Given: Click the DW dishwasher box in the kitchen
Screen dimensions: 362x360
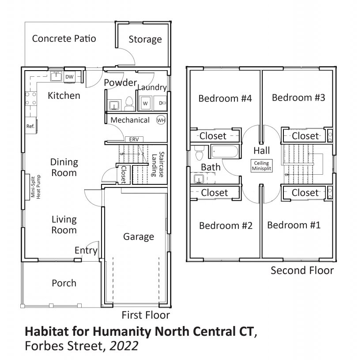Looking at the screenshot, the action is (69, 77).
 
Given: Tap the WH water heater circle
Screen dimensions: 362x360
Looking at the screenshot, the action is (161, 120).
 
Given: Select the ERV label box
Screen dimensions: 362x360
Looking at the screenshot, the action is (134, 139).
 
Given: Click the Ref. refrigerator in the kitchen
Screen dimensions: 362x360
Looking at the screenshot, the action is (30, 126).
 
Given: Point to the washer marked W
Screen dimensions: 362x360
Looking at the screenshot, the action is (145, 103).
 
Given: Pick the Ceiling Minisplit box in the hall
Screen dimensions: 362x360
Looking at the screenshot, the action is (262, 166).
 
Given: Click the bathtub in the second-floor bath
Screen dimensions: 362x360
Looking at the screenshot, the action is (225, 152).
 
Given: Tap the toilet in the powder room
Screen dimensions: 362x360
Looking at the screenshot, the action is (129, 104).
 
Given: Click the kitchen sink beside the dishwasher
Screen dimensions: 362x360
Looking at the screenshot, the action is (57, 76).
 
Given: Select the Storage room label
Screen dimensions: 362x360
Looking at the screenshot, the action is (145, 39).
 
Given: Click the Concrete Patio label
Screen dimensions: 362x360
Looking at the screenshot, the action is (64, 38).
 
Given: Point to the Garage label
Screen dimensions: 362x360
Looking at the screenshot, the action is (139, 237).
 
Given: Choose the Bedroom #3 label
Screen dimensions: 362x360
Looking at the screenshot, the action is (298, 97).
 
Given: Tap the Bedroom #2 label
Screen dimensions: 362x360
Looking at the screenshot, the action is (226, 225).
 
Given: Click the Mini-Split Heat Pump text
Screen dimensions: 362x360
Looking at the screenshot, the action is (36, 187).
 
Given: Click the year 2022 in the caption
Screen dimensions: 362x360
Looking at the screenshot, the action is (124, 346).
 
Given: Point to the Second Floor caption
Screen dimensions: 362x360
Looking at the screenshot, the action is (302, 270).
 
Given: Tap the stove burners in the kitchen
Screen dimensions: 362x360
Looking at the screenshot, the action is (31, 98).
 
